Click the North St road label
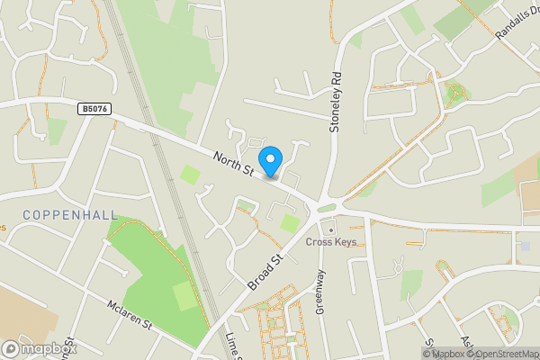click(232, 164)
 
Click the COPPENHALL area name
click(58, 214)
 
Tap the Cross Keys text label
click(332, 242)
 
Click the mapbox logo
click(38, 349)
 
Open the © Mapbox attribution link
click(449, 354)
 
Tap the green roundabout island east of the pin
click(325, 208)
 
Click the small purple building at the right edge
click(526, 246)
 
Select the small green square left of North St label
click(190, 174)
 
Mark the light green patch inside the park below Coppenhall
click(184, 295)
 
